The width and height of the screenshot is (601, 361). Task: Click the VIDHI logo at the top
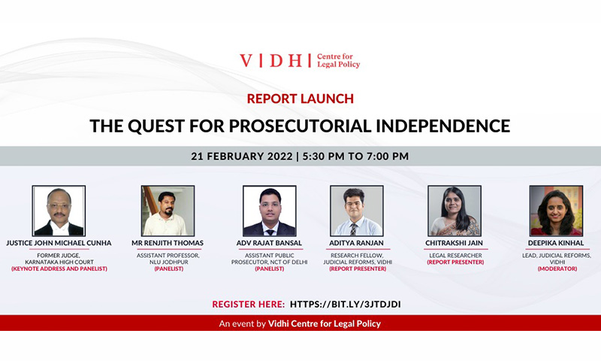(300, 61)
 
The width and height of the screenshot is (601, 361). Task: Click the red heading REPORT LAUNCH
(300, 99)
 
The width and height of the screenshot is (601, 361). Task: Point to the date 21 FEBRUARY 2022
(241, 156)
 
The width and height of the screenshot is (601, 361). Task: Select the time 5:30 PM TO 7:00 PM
(355, 156)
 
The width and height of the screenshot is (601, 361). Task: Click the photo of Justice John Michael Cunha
(59, 211)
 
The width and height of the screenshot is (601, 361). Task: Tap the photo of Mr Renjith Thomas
(168, 211)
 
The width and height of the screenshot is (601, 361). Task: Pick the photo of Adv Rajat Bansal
(270, 211)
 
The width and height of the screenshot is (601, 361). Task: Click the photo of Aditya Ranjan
(357, 211)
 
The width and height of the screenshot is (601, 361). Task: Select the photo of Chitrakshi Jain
(455, 211)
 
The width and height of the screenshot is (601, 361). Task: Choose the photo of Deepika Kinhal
(556, 211)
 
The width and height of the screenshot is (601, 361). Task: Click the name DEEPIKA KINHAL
(556, 243)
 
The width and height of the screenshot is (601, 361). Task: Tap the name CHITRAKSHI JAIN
(455, 243)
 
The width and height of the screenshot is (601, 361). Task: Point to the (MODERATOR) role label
(557, 268)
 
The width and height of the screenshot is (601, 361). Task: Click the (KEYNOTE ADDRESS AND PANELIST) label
(59, 268)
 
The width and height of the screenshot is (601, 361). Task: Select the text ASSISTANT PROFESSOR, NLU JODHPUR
(168, 259)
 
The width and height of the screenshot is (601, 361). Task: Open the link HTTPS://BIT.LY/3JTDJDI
(346, 305)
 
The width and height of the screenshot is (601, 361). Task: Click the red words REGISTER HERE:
(249, 305)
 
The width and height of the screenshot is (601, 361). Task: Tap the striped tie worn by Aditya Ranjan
(353, 229)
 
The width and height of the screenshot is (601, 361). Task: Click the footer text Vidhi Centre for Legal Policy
(325, 324)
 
